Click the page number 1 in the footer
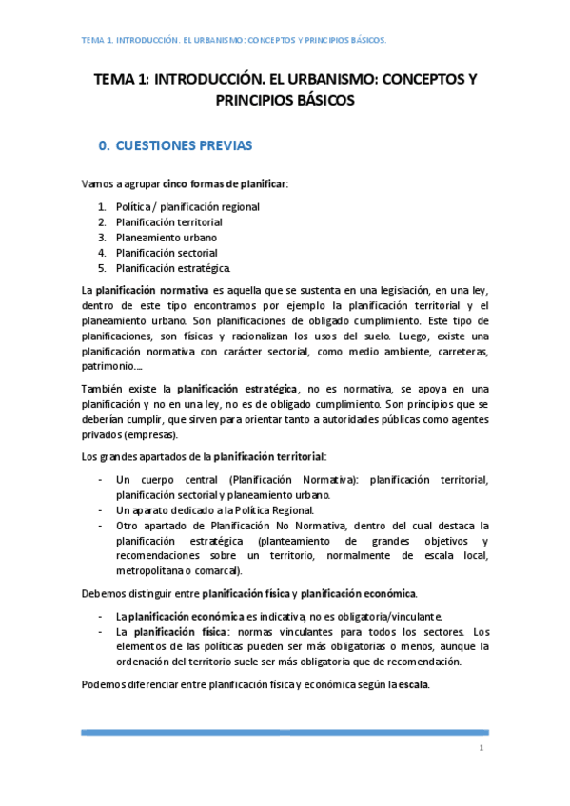click(482, 749)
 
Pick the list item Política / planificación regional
click(187, 206)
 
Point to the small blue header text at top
click(233, 40)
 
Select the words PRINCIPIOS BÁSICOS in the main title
click(285, 101)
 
